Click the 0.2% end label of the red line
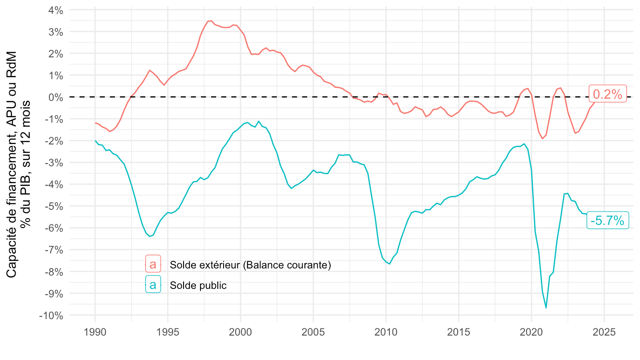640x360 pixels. (608, 94)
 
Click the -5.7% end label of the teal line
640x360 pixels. (608, 220)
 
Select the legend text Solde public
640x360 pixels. (198, 285)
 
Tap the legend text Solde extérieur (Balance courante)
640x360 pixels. (251, 265)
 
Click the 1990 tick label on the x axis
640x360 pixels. (95, 333)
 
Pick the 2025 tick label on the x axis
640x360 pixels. (604, 333)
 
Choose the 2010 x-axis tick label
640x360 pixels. (386, 333)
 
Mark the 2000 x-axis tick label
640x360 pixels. (240, 333)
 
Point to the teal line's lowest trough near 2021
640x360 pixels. (546, 308)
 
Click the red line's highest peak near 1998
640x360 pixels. (211, 20)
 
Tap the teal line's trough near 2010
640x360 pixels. (389, 264)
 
